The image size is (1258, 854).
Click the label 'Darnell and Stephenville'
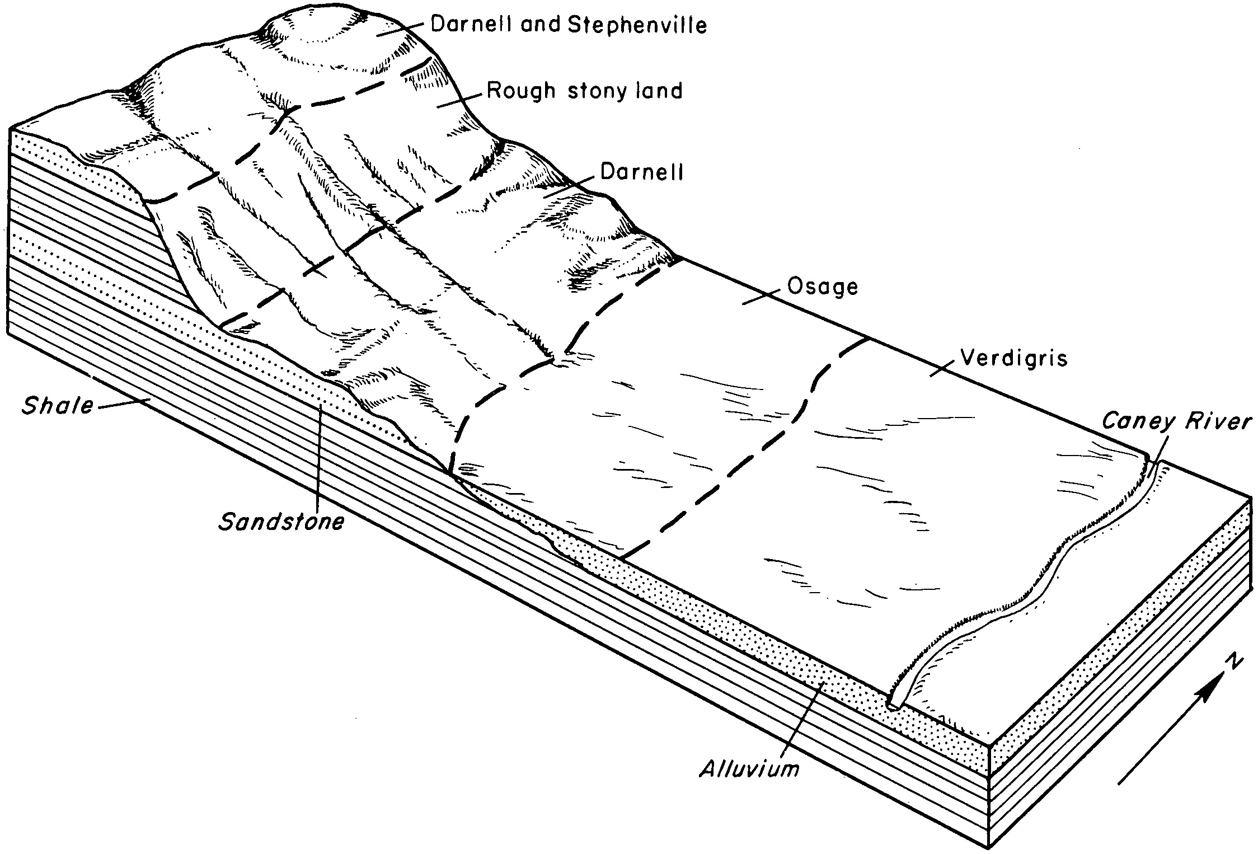pyautogui.click(x=568, y=25)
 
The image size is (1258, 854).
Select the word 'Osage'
pyautogui.click(x=823, y=288)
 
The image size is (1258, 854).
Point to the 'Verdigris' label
pyautogui.click(x=1014, y=358)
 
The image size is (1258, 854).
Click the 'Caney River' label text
pyautogui.click(x=1176, y=420)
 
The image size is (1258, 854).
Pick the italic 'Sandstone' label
pyautogui.click(x=281, y=522)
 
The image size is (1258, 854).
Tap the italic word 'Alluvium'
pyautogui.click(x=749, y=769)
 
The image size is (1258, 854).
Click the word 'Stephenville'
pyautogui.click(x=639, y=25)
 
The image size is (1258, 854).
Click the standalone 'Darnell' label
pyautogui.click(x=642, y=172)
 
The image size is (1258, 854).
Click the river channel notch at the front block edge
pyautogui.click(x=893, y=702)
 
